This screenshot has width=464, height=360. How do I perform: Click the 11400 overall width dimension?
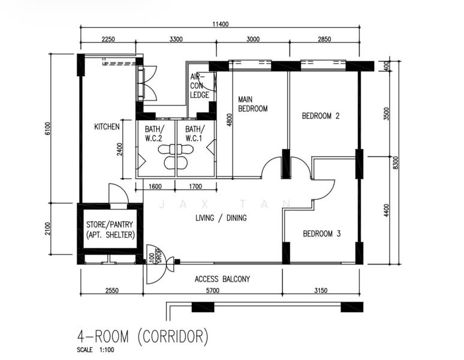221,25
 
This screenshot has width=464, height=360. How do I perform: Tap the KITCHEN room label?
107,127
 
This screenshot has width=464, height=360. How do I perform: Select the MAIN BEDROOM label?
252,104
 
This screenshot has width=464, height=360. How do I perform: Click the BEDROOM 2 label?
321,116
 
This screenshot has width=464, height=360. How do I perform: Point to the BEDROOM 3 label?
321,233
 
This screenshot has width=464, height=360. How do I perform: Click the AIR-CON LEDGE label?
200,86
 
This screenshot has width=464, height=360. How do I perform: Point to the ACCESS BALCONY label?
222,279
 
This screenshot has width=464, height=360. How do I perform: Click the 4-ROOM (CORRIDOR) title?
143,337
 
